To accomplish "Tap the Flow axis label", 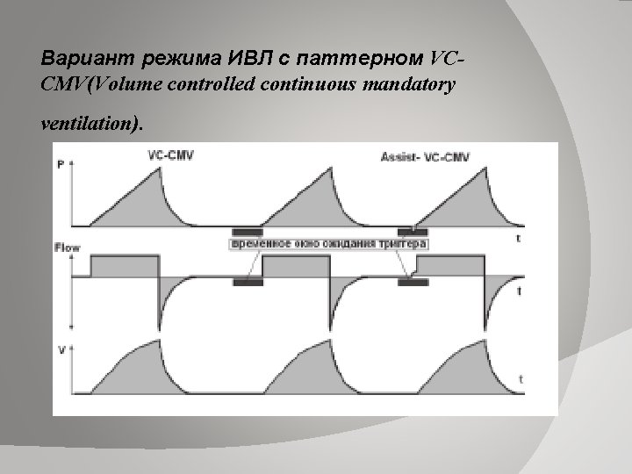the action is click(68, 248).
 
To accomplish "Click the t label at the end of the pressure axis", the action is click(520, 237).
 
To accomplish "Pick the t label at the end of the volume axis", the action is click(521, 379).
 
